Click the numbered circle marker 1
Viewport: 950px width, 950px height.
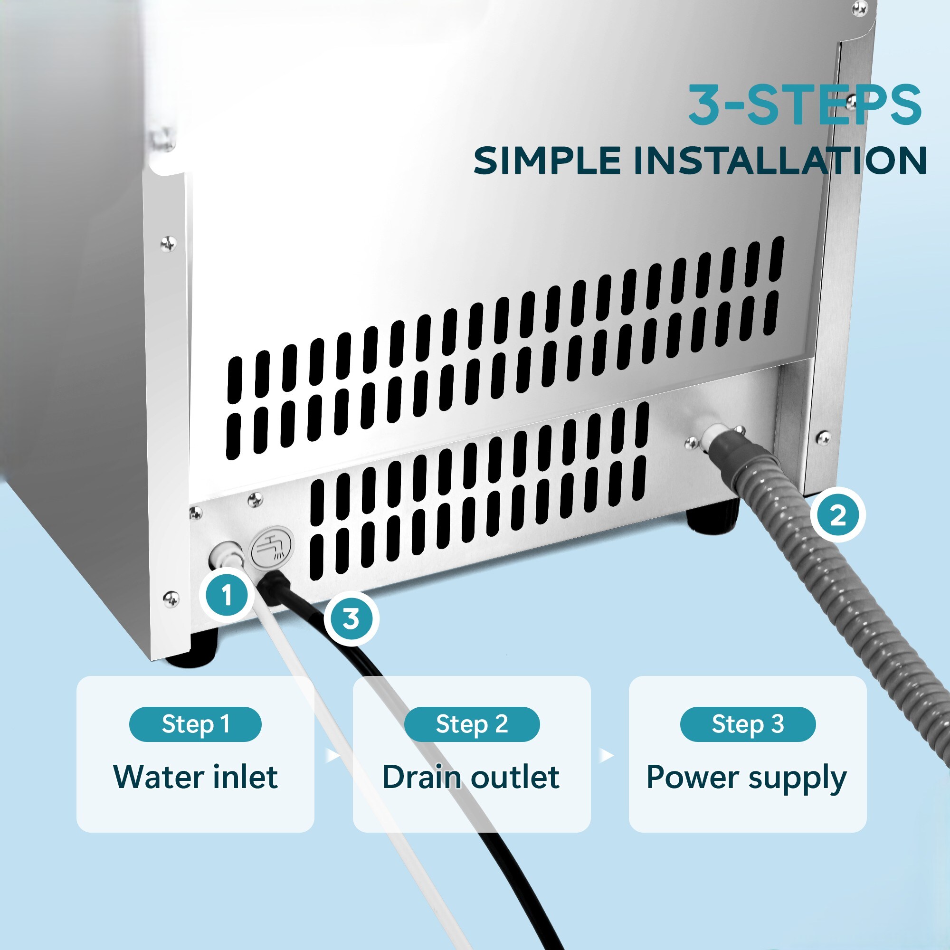click(227, 596)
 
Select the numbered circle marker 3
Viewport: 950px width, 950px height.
click(351, 618)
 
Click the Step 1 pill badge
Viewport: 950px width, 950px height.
click(195, 724)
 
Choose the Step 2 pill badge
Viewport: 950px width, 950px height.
click(472, 724)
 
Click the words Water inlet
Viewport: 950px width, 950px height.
click(195, 778)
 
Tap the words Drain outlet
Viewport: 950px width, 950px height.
click(471, 778)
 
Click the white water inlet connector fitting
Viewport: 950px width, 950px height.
click(225, 556)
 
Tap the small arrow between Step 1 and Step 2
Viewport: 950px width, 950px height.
click(333, 755)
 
